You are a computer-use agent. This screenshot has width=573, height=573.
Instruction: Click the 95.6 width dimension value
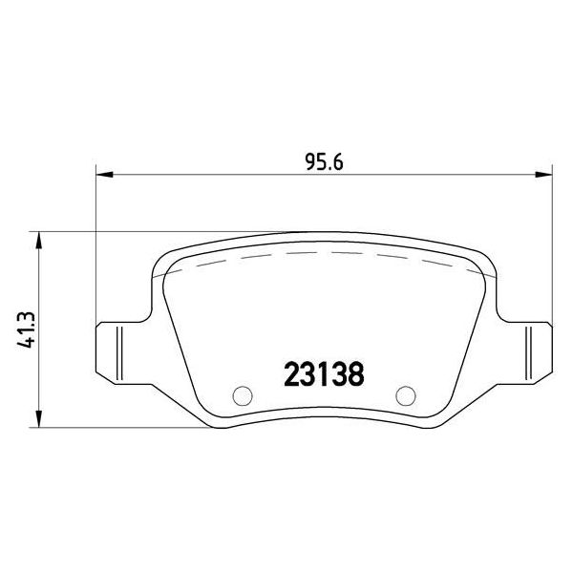click(x=324, y=162)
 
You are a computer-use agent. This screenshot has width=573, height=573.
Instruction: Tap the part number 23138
click(x=324, y=373)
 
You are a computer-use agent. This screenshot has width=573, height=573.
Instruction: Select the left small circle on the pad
click(x=243, y=395)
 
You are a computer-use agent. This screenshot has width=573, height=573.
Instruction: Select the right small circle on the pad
click(x=406, y=395)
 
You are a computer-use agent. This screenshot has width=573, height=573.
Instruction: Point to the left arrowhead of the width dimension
click(x=104, y=175)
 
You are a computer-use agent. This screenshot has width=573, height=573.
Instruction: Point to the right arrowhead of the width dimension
click(x=543, y=175)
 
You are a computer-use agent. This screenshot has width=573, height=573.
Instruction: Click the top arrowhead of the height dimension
click(x=39, y=240)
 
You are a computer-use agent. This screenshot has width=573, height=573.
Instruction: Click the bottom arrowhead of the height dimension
click(x=39, y=418)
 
